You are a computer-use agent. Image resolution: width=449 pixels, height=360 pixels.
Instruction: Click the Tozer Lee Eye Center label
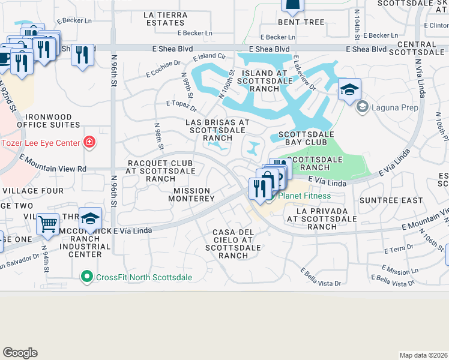point(40,143)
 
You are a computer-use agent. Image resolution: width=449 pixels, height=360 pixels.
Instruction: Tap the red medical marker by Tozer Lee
point(89,142)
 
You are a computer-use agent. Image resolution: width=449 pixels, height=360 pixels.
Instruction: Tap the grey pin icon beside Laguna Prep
point(362,107)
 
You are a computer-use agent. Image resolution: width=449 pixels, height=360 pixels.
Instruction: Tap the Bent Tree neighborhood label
point(305,22)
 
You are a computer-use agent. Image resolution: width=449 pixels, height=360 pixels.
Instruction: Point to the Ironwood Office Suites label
point(48,121)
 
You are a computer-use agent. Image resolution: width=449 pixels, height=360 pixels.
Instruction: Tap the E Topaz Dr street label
point(181,106)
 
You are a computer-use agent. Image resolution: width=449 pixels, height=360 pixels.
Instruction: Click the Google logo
point(20,353)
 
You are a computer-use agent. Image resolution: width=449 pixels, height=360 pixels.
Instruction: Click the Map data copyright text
point(423,355)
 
